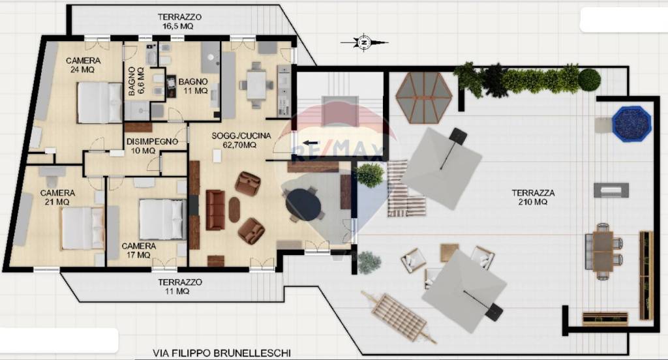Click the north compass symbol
click(364, 42)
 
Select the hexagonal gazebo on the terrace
click(423, 98)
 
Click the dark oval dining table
click(303, 205)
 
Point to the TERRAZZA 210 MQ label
click(533, 197)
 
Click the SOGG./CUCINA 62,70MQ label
click(241, 140)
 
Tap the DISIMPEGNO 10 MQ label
click(152, 145)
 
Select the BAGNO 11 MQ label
click(193, 86)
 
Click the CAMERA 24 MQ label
click(83, 65)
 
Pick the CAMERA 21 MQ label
click(57, 197)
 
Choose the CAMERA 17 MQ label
click(138, 250)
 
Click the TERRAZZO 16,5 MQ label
click(179, 22)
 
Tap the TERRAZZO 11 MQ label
click(179, 286)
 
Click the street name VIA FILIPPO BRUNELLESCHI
click(222, 353)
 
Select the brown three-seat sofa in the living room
click(215, 210)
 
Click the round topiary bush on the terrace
click(590, 80)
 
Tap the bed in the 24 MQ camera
click(100, 102)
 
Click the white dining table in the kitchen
click(256, 85)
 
